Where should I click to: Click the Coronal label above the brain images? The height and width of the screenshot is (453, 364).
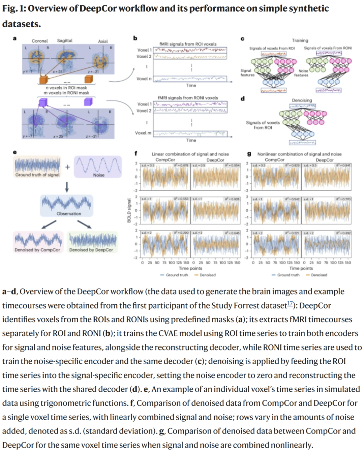39,41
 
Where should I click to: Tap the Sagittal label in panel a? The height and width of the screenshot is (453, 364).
64,40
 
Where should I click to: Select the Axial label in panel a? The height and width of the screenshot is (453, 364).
103,41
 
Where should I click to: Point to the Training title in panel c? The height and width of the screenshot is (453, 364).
300,40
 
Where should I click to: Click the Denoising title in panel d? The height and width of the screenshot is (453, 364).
302,100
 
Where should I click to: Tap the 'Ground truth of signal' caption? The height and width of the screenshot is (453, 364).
37,175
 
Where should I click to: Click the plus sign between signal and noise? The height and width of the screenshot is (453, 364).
67,167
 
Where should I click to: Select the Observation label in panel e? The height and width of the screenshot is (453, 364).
69,213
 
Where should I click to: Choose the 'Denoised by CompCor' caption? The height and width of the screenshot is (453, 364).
37,250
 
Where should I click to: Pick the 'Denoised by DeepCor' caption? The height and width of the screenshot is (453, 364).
91,250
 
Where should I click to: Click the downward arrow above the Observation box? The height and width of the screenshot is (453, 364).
67,187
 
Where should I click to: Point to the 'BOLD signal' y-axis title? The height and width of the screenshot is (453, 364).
129,210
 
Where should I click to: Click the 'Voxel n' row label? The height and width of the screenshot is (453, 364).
144,79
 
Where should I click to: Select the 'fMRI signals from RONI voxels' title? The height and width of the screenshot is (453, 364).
188,98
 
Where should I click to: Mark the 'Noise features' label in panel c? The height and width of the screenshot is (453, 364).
301,73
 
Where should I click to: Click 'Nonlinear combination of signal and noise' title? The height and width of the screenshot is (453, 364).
299,154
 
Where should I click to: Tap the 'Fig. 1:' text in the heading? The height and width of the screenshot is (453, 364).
14,8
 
